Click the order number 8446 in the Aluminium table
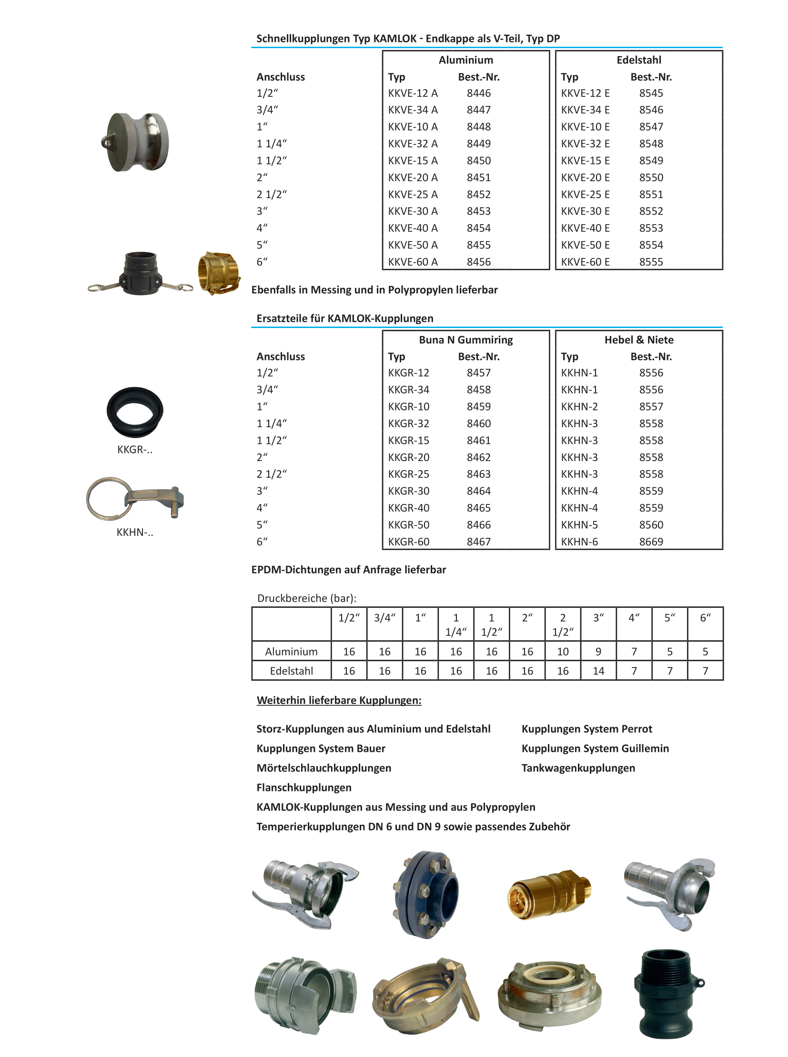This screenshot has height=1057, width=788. pyautogui.click(x=478, y=93)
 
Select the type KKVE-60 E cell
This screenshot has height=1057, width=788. pyautogui.click(x=585, y=262)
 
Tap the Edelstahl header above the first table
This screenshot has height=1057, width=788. pyautogui.click(x=639, y=60)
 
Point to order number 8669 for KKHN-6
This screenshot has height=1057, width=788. pyautogui.click(x=651, y=542)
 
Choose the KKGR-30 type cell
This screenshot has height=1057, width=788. pyautogui.click(x=408, y=491)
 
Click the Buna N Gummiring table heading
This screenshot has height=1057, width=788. pyautogui.click(x=465, y=340)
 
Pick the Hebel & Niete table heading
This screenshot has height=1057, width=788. pyautogui.click(x=639, y=340)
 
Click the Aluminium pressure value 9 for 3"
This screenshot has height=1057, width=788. pyautogui.click(x=598, y=652)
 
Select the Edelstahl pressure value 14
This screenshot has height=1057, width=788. pyautogui.click(x=598, y=671)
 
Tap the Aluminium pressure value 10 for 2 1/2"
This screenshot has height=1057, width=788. pyautogui.click(x=563, y=652)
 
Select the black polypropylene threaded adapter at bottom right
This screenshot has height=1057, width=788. pyautogui.click(x=667, y=993)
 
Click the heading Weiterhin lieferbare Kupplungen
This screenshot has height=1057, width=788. pyautogui.click(x=339, y=700)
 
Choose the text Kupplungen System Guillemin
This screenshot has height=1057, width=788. pyautogui.click(x=595, y=748)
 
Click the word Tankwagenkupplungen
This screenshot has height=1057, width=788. pyautogui.click(x=578, y=768)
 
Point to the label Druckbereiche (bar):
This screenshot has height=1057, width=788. pyautogui.click(x=307, y=598)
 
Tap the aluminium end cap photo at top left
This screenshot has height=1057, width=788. pyautogui.click(x=135, y=142)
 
